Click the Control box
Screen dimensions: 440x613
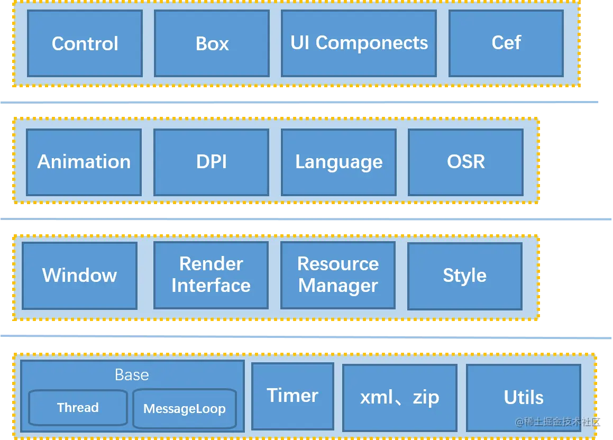(x=85, y=43)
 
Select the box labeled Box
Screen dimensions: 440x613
(x=212, y=43)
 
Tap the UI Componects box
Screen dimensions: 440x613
(x=359, y=43)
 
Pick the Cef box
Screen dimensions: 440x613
(x=506, y=43)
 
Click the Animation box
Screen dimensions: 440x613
(x=84, y=162)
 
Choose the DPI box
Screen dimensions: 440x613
(x=211, y=162)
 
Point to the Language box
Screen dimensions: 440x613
(x=338, y=162)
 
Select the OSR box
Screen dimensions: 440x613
(x=465, y=162)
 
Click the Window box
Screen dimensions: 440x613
(x=79, y=276)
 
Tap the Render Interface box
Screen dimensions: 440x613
(x=211, y=276)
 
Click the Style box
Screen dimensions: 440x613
(x=464, y=276)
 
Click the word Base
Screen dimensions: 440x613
(x=132, y=375)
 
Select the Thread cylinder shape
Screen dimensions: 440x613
(x=78, y=408)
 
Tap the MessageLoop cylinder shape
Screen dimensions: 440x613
(x=184, y=409)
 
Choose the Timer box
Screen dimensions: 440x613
(x=292, y=396)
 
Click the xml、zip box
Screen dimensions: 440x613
(x=399, y=398)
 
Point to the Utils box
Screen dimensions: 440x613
(x=523, y=398)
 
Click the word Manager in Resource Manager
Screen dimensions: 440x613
(x=337, y=286)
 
